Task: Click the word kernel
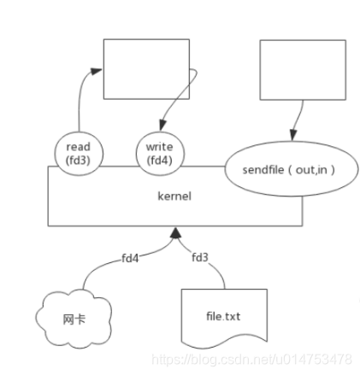pyautogui.click(x=174, y=196)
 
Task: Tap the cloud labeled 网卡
pyautogui.click(x=72, y=319)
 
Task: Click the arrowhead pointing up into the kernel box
pyautogui.click(x=175, y=231)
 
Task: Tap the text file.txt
pyautogui.click(x=223, y=316)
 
